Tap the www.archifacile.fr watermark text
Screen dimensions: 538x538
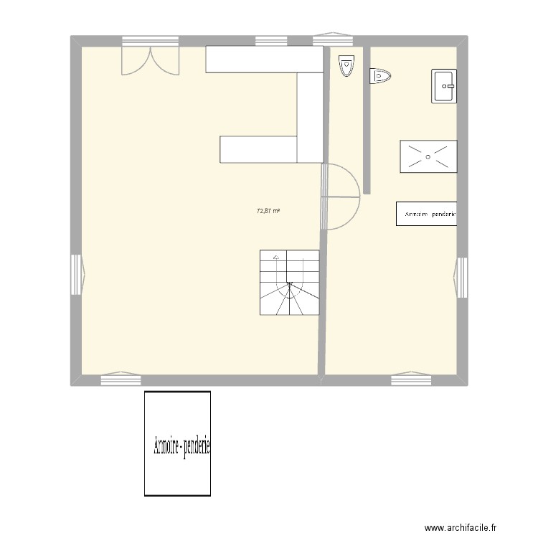pos(460,527)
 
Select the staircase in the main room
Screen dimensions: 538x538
pos(289,283)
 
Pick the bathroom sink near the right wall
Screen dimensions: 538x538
pos(444,86)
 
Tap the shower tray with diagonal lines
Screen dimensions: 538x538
pos(428,156)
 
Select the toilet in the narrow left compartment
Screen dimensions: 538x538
pos(346,65)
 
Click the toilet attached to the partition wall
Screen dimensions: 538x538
pos(380,75)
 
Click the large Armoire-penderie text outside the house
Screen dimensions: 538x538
pos(181,448)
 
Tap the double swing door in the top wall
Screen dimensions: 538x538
pos(149,59)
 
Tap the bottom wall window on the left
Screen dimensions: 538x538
pos(121,379)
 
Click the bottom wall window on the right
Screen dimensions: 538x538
pos(411,379)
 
